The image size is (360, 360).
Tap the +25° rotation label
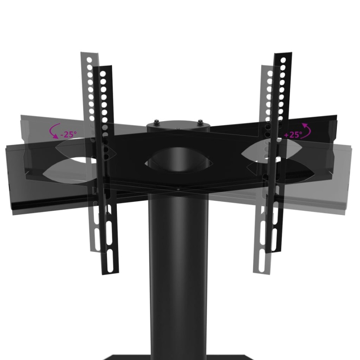coord(293,135)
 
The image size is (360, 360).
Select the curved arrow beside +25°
coord(307,129)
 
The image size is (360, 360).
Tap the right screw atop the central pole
coord(200,122)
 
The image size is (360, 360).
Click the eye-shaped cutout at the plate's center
coord(178,163)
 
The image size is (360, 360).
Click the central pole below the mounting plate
coord(178,274)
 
